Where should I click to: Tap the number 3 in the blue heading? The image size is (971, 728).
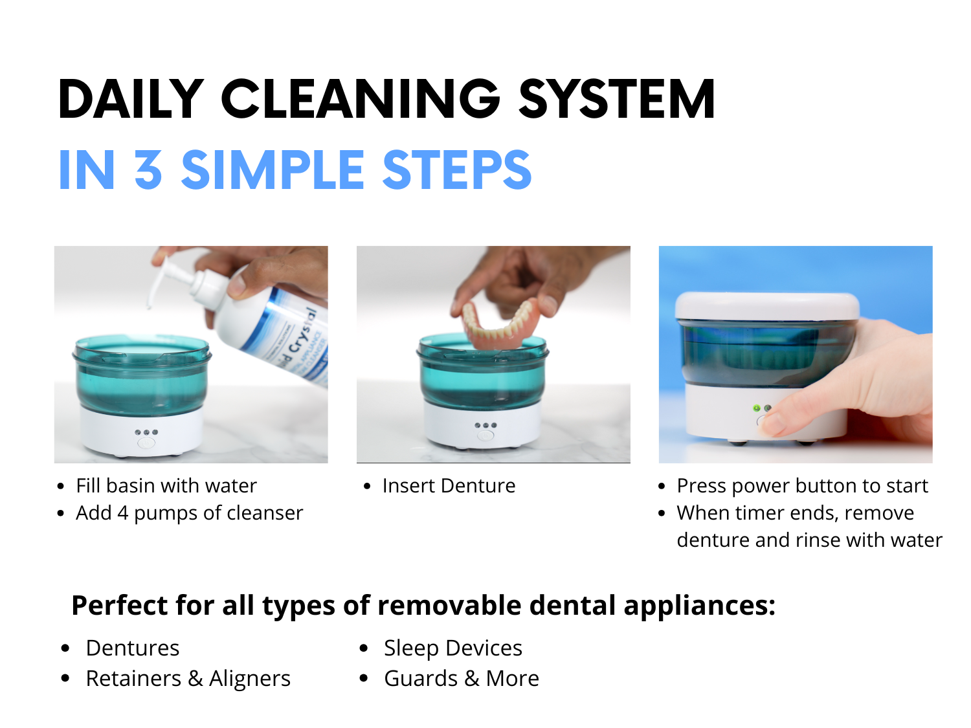[148, 170]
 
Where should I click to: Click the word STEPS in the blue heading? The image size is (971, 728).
[456, 170]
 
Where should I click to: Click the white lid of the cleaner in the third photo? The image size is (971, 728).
[766, 306]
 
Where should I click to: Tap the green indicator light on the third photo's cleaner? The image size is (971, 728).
[757, 408]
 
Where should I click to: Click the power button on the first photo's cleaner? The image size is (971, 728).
[146, 443]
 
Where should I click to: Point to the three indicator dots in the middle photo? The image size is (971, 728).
[485, 425]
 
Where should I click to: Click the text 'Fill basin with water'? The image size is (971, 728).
[166, 486]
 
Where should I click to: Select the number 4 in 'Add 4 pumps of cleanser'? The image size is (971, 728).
[122, 513]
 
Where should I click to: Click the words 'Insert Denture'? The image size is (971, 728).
[449, 486]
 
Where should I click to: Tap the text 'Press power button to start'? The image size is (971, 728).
[802, 486]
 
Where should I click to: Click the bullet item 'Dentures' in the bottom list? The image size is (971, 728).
[133, 648]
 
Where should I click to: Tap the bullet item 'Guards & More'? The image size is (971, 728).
[462, 678]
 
